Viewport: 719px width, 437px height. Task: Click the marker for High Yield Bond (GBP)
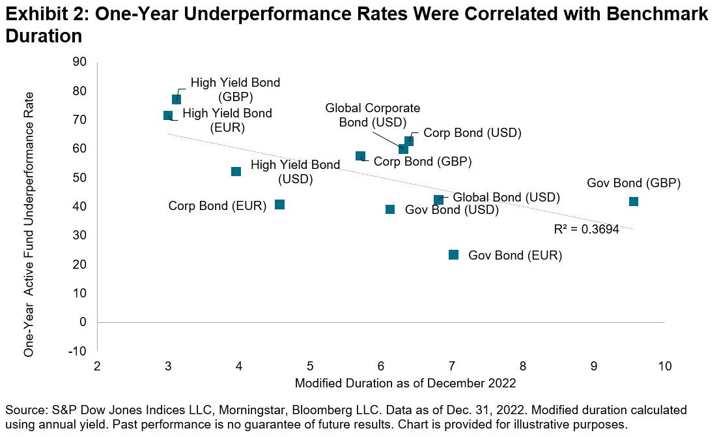tap(176, 99)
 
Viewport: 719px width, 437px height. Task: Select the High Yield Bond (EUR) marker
tap(168, 115)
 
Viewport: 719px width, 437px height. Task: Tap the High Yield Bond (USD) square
tap(236, 172)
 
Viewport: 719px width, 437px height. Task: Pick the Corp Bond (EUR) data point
tap(280, 205)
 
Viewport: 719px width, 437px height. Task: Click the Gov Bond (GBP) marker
tap(634, 202)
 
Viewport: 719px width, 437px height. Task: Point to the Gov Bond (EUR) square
tap(454, 254)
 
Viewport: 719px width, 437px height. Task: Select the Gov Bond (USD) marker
tap(390, 209)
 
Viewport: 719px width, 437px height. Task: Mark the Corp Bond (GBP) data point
tap(360, 156)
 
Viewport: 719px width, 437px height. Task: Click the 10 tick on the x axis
tap(664, 366)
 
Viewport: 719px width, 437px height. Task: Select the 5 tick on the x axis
tap(310, 366)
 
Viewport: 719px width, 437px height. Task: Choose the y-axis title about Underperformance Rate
tap(29, 224)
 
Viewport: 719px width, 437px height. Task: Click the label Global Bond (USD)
tap(506, 197)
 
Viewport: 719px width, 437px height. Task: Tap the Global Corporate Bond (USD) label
tap(373, 115)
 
